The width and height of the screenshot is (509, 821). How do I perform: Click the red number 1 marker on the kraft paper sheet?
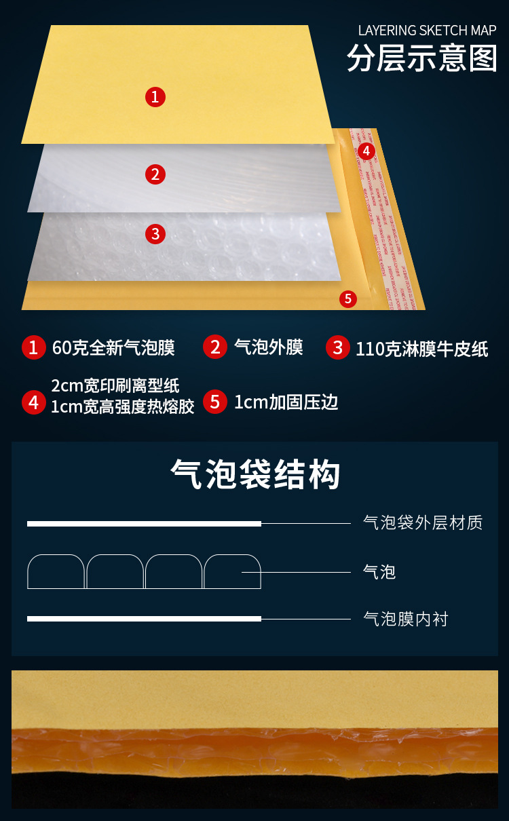click(155, 97)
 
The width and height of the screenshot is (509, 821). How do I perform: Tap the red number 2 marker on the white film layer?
click(155, 174)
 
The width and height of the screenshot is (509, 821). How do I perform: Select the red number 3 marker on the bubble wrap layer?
click(155, 234)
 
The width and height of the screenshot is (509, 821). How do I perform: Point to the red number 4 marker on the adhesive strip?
click(366, 151)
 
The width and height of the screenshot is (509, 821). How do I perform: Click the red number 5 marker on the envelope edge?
click(347, 299)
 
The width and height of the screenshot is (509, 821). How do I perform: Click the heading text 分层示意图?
click(421, 58)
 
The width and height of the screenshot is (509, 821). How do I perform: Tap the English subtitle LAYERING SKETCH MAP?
click(427, 31)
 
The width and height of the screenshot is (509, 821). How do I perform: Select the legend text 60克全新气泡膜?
click(113, 348)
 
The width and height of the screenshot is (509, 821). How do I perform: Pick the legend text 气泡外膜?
click(268, 347)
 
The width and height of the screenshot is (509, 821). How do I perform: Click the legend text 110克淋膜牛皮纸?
click(421, 349)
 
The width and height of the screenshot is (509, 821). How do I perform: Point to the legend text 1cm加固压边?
click(286, 402)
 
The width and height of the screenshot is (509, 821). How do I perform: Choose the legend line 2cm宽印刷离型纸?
click(115, 385)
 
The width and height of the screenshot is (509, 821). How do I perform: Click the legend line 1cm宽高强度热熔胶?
click(122, 406)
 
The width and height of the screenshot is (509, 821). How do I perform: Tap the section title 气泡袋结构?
click(254, 475)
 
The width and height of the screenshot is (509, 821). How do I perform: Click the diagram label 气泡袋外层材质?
click(423, 522)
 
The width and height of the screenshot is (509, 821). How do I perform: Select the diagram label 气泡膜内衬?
click(406, 619)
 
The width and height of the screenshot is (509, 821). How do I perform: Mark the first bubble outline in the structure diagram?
click(56, 571)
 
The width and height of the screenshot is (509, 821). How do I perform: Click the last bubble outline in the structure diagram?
click(232, 571)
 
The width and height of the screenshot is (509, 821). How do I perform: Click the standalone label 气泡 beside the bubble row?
click(379, 572)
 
